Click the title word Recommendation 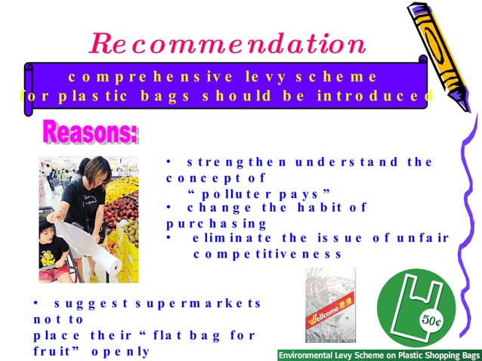[228, 44]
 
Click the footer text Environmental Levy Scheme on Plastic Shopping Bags [378, 354]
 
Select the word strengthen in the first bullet [233, 162]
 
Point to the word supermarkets [203, 304]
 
